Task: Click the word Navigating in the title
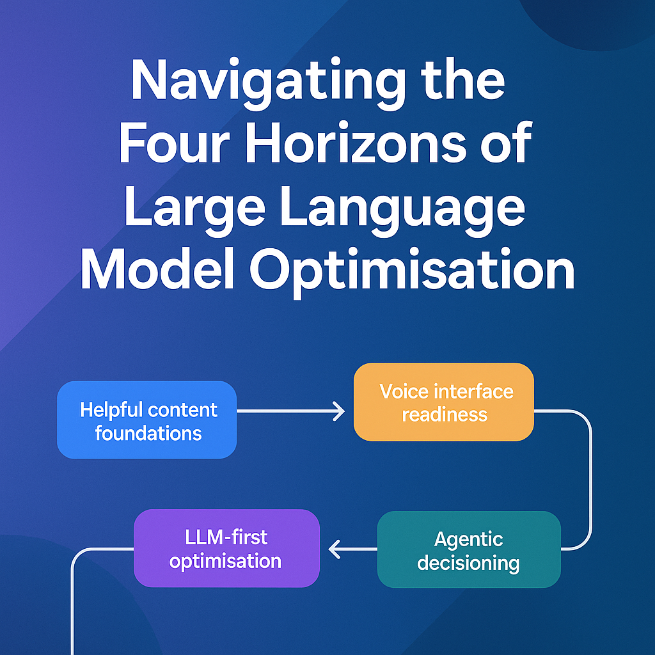click(x=268, y=83)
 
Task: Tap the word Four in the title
click(x=175, y=143)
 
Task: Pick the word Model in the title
click(x=157, y=269)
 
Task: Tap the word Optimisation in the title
click(x=413, y=271)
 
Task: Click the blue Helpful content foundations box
click(x=146, y=420)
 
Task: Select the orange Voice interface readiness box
click(x=444, y=402)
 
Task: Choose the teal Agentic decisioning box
click(x=469, y=549)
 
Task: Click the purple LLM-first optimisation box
click(x=226, y=548)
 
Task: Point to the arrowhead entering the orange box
click(x=339, y=411)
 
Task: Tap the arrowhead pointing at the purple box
click(x=334, y=549)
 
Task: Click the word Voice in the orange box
click(x=404, y=391)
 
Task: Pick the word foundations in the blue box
click(x=148, y=433)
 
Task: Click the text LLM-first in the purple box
click(x=226, y=537)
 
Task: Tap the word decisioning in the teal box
click(x=468, y=563)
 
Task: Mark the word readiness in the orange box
click(x=445, y=414)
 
